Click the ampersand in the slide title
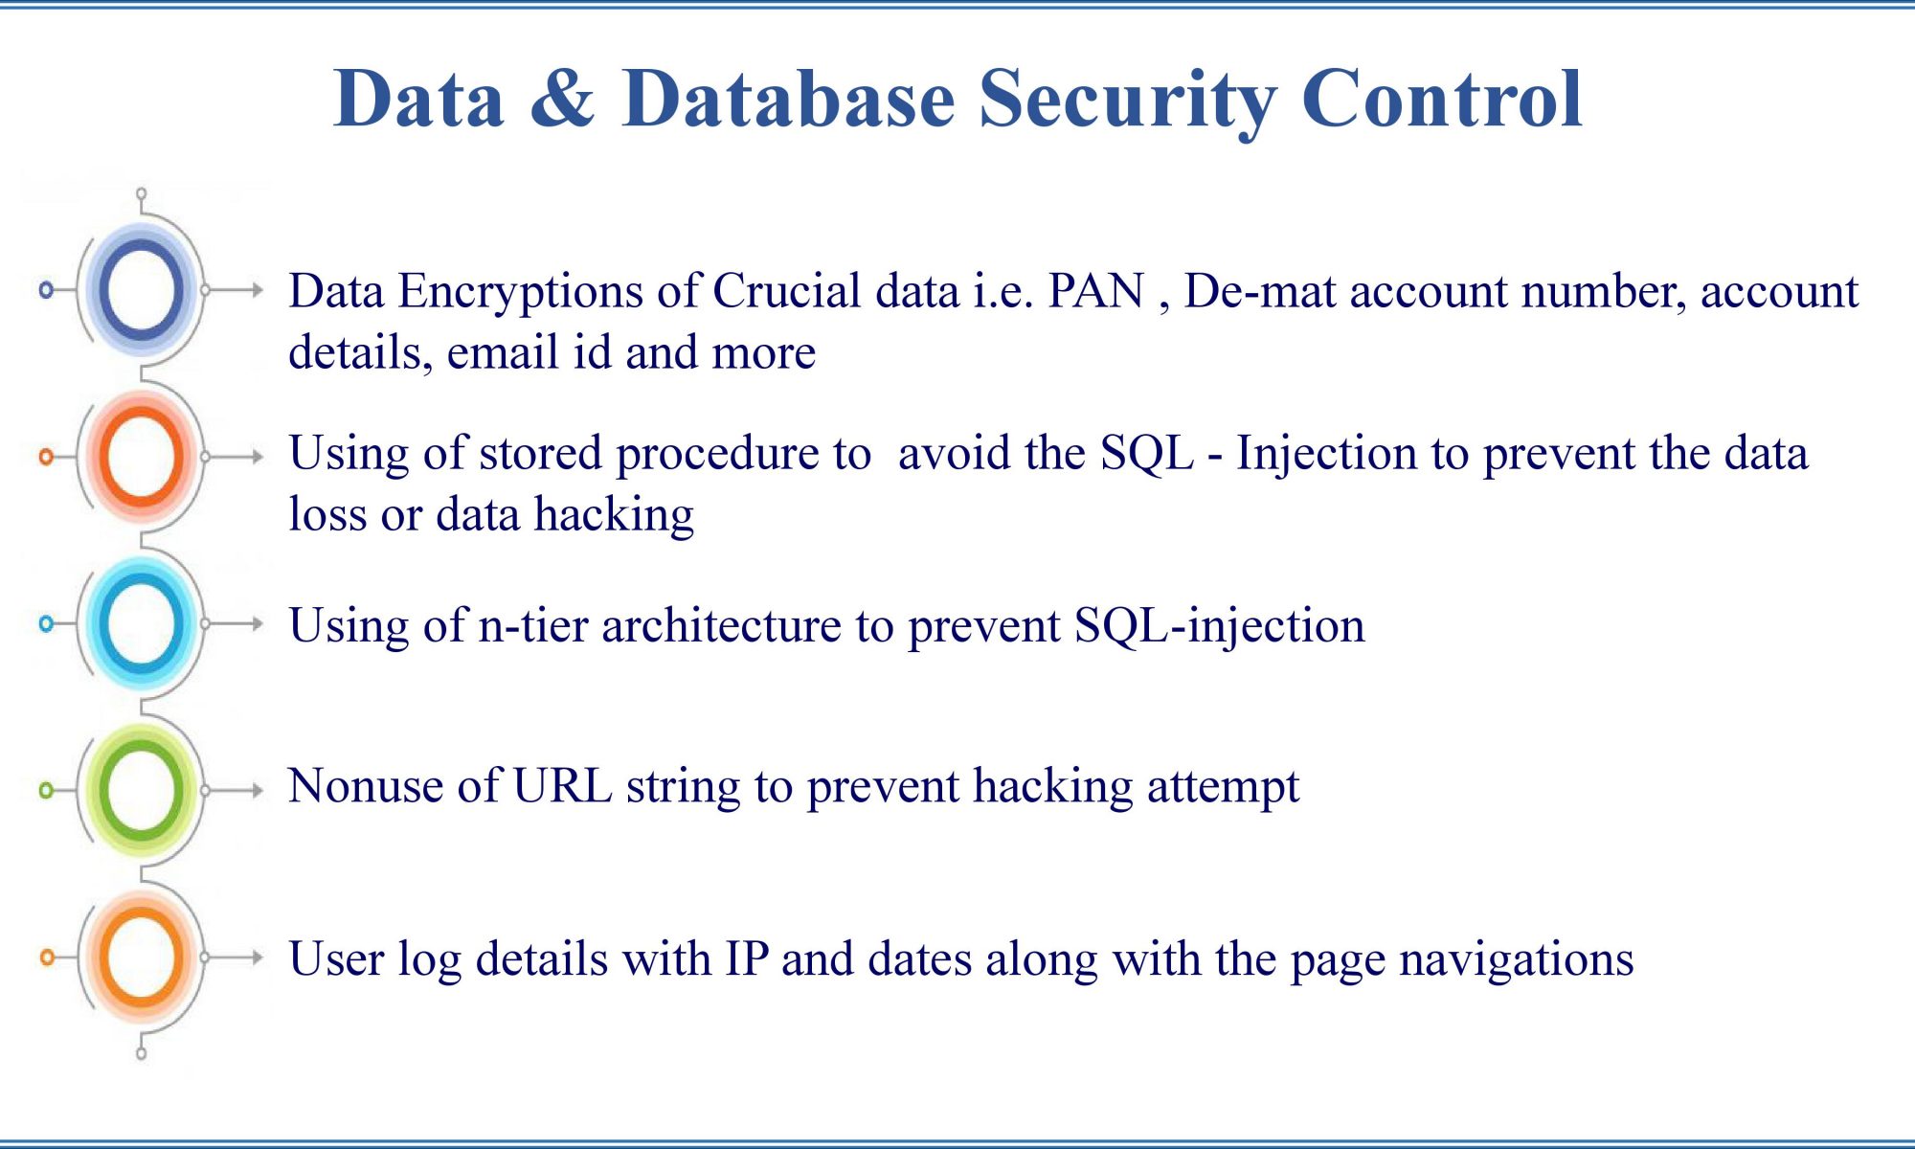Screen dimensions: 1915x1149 point(562,98)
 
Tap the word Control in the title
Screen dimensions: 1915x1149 point(1442,98)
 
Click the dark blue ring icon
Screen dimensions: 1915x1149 point(141,289)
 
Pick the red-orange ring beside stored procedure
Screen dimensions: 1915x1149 point(141,456)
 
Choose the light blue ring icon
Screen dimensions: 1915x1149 point(141,623)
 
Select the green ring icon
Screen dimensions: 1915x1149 point(141,790)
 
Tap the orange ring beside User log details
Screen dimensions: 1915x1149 point(141,957)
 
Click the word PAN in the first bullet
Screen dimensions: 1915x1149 point(1096,291)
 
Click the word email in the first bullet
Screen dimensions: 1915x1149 point(504,352)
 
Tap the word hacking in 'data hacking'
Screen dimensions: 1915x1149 point(614,514)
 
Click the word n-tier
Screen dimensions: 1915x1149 point(533,625)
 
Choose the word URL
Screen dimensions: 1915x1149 point(563,786)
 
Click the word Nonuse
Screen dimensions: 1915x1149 point(366,786)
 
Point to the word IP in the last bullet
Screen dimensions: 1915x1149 point(747,958)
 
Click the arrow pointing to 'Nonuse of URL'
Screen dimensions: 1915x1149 point(235,790)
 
